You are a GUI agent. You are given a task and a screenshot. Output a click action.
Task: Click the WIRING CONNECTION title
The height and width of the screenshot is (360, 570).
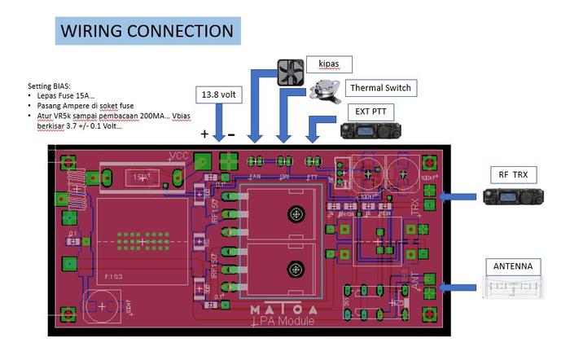click(x=147, y=31)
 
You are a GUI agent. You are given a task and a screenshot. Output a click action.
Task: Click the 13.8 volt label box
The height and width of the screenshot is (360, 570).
click(x=220, y=95)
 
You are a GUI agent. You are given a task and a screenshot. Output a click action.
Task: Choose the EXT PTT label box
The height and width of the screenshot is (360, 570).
click(x=370, y=111)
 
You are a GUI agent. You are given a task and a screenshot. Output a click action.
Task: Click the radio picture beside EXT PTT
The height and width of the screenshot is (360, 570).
click(x=364, y=130)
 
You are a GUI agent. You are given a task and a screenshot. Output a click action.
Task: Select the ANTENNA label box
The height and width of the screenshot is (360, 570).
click(x=513, y=266)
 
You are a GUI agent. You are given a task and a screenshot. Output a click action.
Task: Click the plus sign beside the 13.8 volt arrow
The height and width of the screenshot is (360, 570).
click(x=204, y=134)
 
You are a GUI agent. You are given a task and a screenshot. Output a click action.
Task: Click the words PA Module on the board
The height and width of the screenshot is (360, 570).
click(x=284, y=321)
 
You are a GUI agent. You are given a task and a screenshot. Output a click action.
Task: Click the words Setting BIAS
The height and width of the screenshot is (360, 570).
click(x=49, y=86)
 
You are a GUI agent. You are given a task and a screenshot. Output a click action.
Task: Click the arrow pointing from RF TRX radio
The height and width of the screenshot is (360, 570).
click(x=455, y=196)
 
